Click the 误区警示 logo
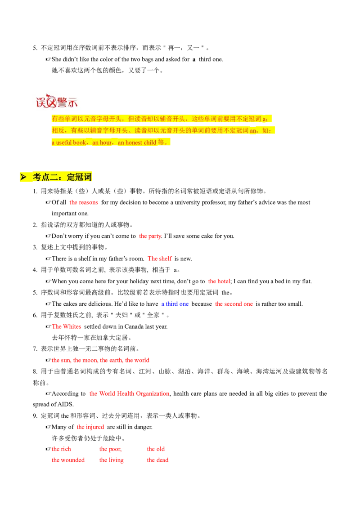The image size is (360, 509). [x=56, y=101]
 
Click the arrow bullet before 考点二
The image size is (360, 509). [x=23, y=177]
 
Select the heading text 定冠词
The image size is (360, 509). [x=79, y=177]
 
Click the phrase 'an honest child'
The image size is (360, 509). [x=137, y=143]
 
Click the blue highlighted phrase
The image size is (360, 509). [x=175, y=304]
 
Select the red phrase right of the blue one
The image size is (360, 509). [x=234, y=304]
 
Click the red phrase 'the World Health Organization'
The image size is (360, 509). [x=129, y=393]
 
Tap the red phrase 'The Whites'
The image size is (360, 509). [x=67, y=327]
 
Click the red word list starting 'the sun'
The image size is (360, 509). [x=101, y=360]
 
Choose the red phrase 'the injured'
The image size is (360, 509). [x=90, y=427]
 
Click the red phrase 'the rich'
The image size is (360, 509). [x=61, y=449]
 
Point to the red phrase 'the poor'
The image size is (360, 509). [x=110, y=449]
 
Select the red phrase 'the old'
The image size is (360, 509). [x=156, y=449]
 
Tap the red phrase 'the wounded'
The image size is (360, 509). [x=68, y=460]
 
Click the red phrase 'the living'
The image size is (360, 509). [x=112, y=460]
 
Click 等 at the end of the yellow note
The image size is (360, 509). [x=161, y=143]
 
